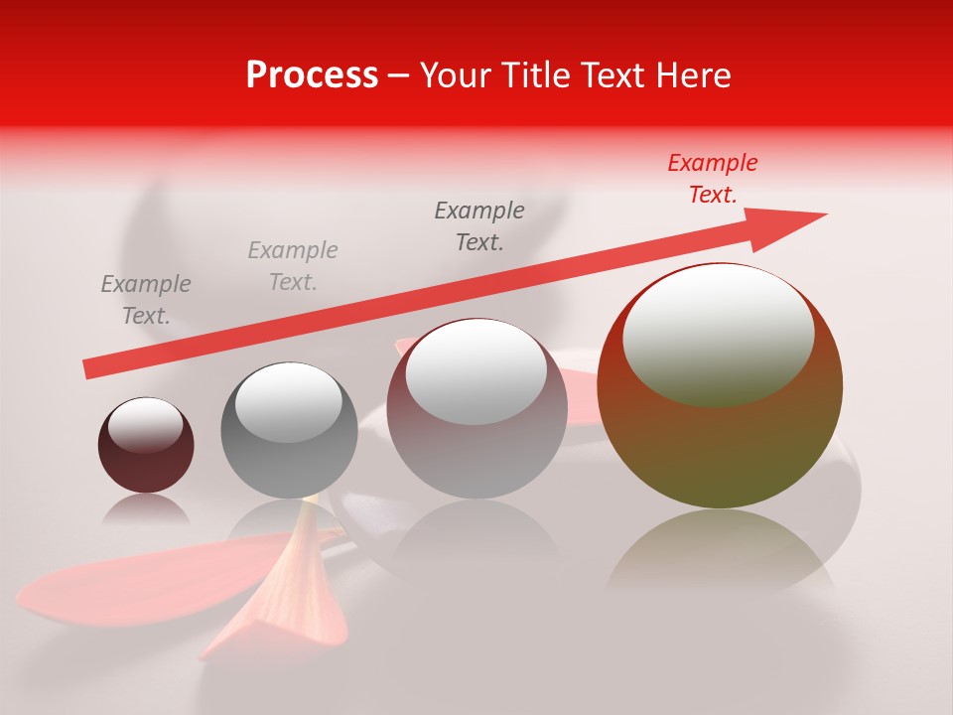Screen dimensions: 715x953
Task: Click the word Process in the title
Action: tap(312, 75)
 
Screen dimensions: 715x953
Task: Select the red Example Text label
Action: tap(712, 179)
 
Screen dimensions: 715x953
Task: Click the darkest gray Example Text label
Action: tap(479, 225)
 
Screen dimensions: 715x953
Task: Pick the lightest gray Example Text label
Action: tap(293, 265)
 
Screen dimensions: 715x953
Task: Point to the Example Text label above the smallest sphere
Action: tap(146, 299)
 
